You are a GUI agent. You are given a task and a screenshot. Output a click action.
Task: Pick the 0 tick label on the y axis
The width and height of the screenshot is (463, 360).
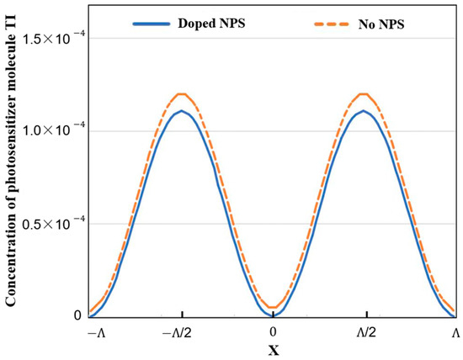(77, 316)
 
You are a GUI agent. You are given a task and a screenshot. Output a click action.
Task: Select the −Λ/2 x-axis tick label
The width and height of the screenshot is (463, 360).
(182, 332)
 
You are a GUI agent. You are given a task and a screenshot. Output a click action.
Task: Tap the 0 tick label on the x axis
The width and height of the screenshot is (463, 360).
(274, 332)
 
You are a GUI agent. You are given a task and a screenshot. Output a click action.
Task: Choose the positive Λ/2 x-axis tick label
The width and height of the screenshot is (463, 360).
(365, 332)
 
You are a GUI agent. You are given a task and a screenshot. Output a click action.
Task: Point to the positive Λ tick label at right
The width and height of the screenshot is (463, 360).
(455, 332)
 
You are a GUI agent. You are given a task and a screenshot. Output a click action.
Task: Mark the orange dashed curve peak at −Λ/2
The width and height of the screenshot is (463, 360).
(182, 93)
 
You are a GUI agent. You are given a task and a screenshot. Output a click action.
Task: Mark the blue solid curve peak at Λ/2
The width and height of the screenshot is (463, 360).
(365, 111)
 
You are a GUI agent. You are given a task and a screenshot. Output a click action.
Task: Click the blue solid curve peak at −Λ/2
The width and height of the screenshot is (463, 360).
(182, 111)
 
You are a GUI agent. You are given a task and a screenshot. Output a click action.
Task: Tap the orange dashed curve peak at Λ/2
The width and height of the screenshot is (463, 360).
(365, 93)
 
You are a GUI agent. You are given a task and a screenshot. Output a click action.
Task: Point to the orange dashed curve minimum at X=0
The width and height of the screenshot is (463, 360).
(274, 308)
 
